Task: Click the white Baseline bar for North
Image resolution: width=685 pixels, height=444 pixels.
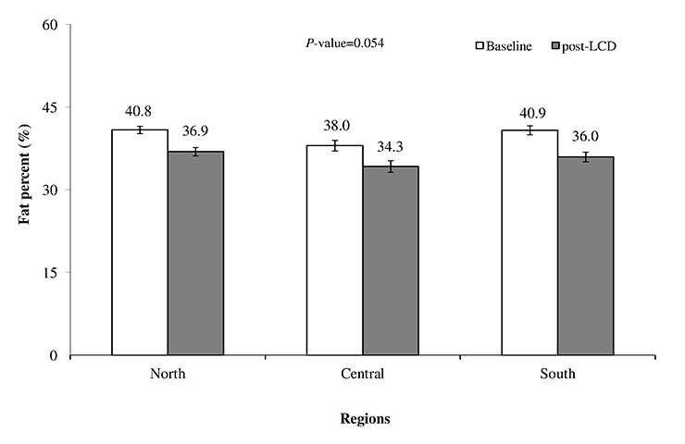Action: click(x=140, y=242)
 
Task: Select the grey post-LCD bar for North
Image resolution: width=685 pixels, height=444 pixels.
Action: click(x=195, y=253)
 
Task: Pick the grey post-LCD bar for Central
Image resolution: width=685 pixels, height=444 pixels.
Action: click(x=391, y=260)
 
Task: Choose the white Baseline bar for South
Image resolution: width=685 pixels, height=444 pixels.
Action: click(x=529, y=242)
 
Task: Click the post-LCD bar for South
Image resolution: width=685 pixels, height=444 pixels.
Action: click(x=585, y=255)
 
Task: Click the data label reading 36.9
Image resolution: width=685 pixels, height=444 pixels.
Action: click(x=195, y=132)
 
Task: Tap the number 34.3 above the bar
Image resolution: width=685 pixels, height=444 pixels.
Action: click(x=392, y=147)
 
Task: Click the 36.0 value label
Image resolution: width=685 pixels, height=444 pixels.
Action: click(x=585, y=136)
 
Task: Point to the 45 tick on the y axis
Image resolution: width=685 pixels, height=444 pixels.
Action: click(x=76, y=107)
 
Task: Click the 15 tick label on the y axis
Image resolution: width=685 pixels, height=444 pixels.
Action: click(x=76, y=273)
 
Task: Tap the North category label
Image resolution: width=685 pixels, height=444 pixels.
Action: click(x=168, y=375)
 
